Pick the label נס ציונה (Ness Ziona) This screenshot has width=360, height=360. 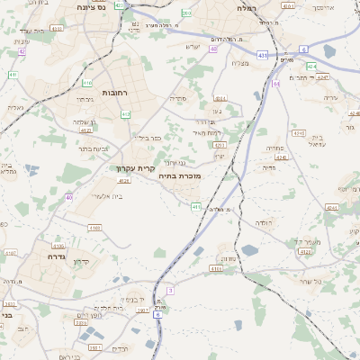click(90, 7)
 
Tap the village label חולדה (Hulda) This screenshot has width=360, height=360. click(262, 220)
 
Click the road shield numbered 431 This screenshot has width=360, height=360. click(261, 56)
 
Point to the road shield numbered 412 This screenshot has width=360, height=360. click(126, 114)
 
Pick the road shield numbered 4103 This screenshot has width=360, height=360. click(94, 228)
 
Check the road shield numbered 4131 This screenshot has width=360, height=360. click(58, 245)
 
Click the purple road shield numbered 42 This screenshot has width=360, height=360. click(22, 51)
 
